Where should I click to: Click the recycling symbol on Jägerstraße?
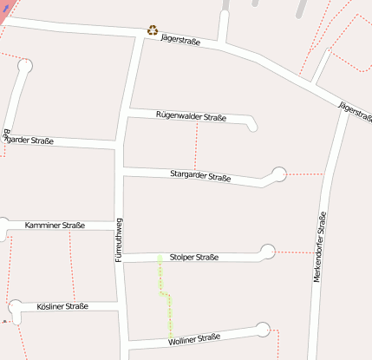point(153,30)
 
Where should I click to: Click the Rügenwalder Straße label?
point(191,115)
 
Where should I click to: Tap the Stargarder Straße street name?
point(200,176)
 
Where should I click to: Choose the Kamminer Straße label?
point(55,226)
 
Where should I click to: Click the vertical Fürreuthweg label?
point(119,240)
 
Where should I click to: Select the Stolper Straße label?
point(194,257)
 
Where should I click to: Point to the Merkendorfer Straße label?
point(321,246)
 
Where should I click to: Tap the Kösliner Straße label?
point(62,306)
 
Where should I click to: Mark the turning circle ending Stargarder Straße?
point(278,174)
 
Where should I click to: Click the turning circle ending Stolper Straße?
point(268,252)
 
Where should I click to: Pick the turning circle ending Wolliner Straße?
point(263,329)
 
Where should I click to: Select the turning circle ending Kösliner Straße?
point(16,306)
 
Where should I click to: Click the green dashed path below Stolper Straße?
point(165,295)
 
